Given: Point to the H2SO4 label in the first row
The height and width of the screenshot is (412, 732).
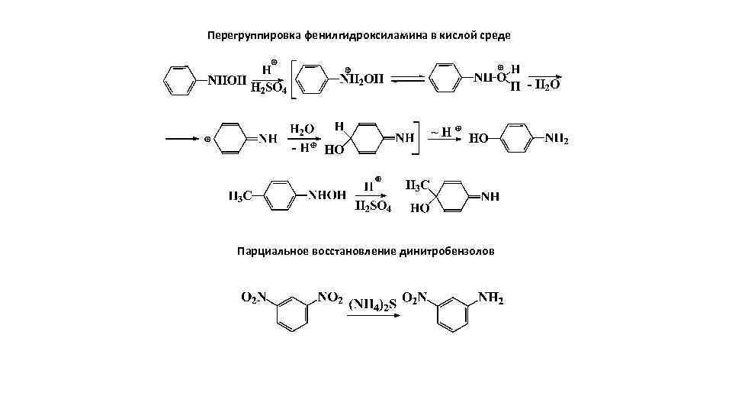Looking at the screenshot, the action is pyautogui.click(x=268, y=90).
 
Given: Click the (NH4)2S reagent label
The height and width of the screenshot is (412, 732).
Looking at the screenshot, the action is pyautogui.click(x=373, y=305).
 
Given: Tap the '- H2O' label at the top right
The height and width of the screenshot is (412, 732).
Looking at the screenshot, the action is pyautogui.click(x=544, y=85).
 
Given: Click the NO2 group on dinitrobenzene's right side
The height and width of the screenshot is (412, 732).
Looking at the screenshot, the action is pyautogui.click(x=329, y=298).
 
